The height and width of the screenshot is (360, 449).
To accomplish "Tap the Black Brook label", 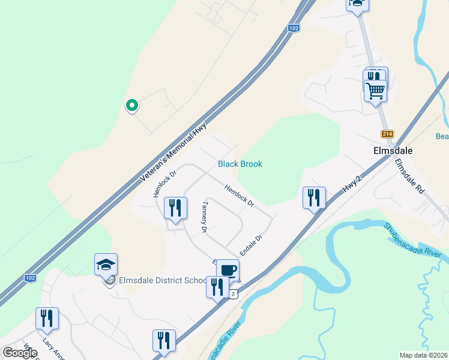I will click(240, 164).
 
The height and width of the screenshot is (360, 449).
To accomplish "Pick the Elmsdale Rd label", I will click(410, 175).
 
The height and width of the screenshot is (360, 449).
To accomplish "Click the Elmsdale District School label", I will click(162, 280).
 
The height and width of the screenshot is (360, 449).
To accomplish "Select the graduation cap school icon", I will click(106, 265).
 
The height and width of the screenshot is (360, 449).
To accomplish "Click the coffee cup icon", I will click(228, 270).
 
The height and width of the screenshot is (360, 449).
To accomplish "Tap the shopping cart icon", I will click(375, 91).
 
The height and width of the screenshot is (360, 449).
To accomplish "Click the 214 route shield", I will click(386, 134).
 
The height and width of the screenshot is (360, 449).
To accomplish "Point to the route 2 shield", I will click(234, 293).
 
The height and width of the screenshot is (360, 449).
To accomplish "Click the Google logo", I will click(20, 353).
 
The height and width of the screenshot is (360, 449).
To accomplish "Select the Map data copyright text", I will click(424, 355).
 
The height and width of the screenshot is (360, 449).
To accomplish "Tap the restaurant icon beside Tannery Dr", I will click(175, 208).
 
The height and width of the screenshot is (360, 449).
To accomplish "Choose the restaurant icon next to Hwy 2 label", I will click(314, 197).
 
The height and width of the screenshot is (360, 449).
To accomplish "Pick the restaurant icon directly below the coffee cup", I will click(217, 287).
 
